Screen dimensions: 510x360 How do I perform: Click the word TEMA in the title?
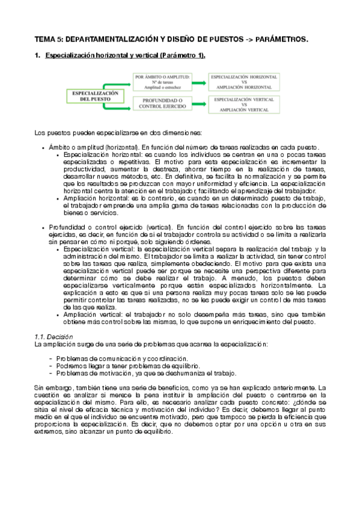44,39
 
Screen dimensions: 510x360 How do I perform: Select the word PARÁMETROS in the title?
280,39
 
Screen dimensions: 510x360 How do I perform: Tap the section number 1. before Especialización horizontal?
37,56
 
